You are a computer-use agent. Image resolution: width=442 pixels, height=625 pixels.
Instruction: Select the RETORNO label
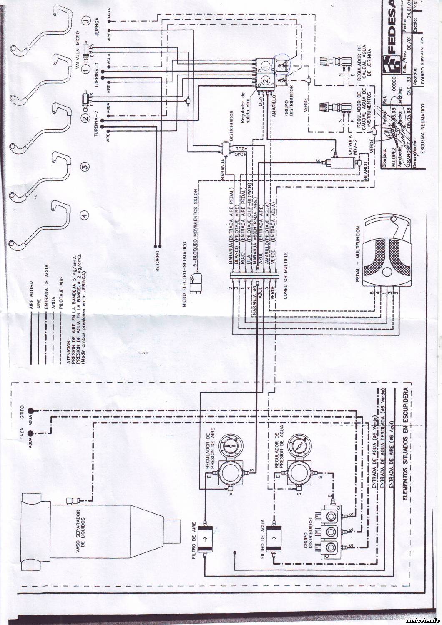click(158, 261)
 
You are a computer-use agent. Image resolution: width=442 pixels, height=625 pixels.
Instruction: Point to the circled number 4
click(85, 215)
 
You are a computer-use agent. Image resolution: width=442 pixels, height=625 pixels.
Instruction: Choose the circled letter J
click(85, 22)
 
